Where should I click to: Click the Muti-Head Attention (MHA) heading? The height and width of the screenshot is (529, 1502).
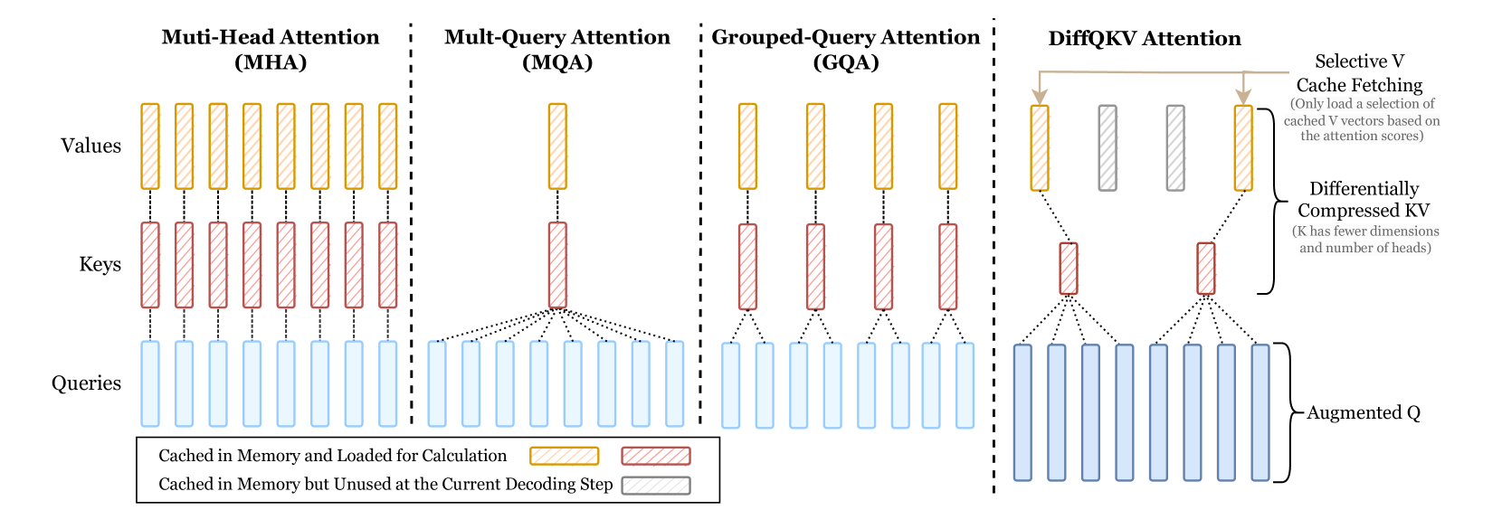[270, 49]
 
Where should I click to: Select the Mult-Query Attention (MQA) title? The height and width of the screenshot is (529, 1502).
[557, 49]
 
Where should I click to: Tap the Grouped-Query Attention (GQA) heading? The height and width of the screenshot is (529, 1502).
[845, 49]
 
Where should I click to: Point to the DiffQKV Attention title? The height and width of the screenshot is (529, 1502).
[1144, 38]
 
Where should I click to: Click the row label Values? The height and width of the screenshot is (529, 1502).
[90, 146]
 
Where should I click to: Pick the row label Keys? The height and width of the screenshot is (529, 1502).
[100, 264]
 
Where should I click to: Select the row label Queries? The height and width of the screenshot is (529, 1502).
[86, 383]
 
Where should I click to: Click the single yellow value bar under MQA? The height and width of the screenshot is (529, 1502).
[557, 146]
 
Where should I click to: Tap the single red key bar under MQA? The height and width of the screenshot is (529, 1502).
[557, 265]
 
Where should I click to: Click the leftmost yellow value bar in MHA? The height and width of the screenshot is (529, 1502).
[150, 146]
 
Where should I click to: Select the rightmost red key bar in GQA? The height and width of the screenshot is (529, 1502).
[947, 266]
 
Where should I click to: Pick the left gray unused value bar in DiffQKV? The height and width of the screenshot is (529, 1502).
[1107, 147]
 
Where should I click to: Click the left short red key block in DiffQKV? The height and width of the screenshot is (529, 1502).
[1069, 269]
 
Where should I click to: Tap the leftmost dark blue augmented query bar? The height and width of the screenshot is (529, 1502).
[1022, 412]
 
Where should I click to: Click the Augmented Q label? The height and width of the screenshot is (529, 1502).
[1363, 412]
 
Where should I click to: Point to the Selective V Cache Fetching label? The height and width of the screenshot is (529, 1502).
[1359, 73]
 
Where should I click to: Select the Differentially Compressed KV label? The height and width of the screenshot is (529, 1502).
[1363, 199]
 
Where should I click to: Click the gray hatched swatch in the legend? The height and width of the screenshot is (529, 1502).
[656, 486]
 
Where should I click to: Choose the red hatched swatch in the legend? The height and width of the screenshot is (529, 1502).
[656, 456]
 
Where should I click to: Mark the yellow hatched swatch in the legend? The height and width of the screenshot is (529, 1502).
[564, 456]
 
